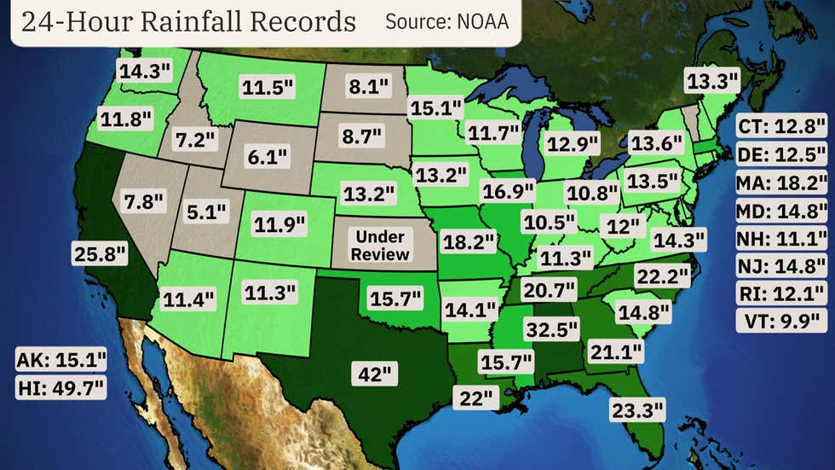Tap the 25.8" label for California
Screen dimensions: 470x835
point(99,252)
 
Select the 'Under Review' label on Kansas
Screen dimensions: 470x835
point(381,245)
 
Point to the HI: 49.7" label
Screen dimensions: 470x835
point(60,389)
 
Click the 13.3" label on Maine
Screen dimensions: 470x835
point(713,81)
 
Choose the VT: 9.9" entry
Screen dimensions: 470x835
point(780,322)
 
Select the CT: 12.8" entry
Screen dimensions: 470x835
point(780,127)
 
